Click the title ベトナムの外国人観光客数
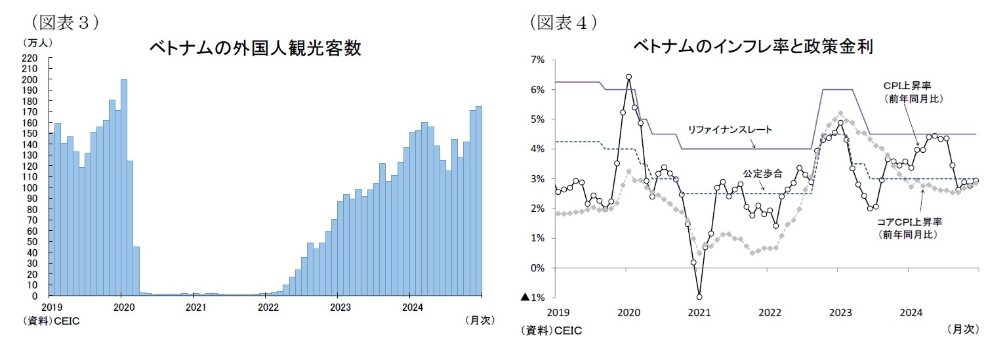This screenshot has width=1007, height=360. click(x=255, y=49)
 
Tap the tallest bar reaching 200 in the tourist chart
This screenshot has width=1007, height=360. click(x=124, y=187)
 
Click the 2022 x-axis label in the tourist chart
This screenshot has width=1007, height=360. click(x=268, y=306)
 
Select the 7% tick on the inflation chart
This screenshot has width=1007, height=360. click(x=537, y=60)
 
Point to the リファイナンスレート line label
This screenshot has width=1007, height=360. click(x=730, y=130)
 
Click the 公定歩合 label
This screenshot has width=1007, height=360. click(x=762, y=174)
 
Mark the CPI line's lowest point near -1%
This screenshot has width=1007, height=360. click(x=699, y=296)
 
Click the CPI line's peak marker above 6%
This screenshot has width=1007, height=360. click(x=628, y=77)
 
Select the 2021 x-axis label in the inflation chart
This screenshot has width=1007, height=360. click(x=699, y=312)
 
